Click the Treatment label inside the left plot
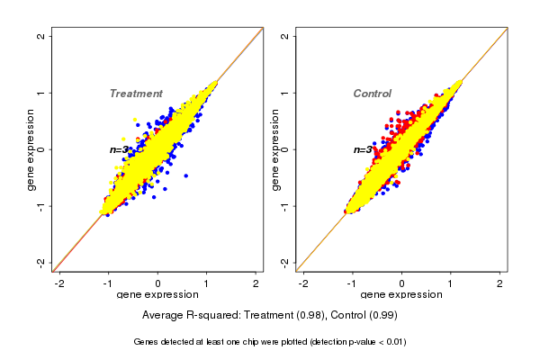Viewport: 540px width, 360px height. (x=136, y=94)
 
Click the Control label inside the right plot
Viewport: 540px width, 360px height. (x=372, y=94)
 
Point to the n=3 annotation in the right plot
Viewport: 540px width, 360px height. (x=364, y=149)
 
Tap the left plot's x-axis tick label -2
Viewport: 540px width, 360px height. (x=59, y=283)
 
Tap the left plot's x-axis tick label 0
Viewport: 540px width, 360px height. (x=158, y=283)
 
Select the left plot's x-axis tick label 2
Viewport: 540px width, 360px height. (x=256, y=283)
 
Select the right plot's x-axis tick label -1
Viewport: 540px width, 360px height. (x=352, y=283)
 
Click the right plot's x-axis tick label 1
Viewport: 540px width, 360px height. (x=451, y=283)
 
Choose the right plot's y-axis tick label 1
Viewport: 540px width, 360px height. (x=285, y=93)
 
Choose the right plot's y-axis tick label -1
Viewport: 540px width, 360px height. (x=285, y=205)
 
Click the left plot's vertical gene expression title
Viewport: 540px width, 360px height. (x=31, y=149)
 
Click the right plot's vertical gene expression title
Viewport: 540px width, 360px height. (x=274, y=149)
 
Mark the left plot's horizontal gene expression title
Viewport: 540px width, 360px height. (x=157, y=295)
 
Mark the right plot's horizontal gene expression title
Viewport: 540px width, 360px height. (x=401, y=295)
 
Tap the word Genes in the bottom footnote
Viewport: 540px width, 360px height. (x=148, y=342)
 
